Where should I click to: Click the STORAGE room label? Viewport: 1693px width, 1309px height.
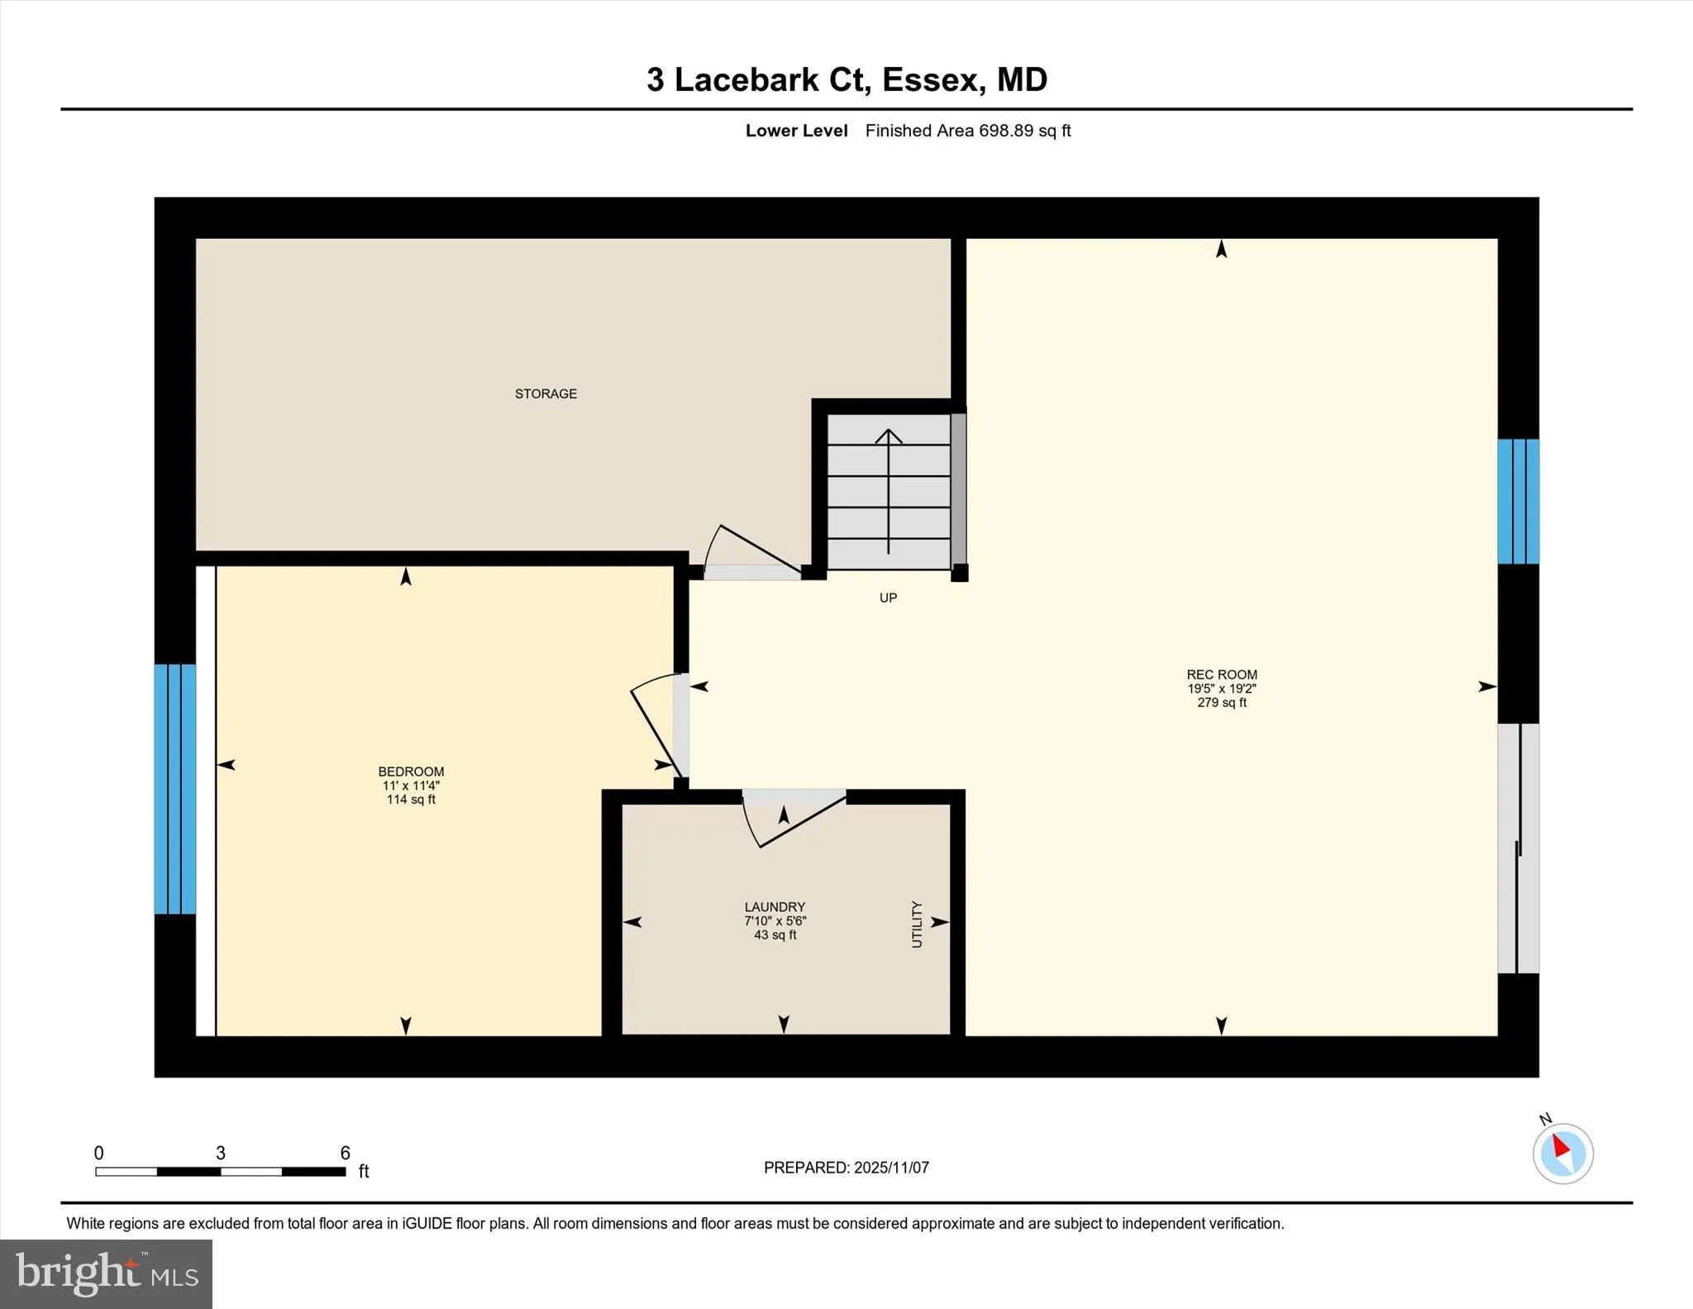pos(546,394)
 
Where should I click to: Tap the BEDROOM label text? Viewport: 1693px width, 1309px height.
pos(411,772)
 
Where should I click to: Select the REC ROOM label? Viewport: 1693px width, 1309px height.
pos(1222,675)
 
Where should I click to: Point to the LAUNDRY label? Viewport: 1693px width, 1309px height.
pos(775,907)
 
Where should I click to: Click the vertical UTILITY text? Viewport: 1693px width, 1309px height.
pos(916,924)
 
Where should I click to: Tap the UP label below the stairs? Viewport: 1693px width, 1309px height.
pos(888,598)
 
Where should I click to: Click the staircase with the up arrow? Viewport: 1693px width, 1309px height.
pos(889,492)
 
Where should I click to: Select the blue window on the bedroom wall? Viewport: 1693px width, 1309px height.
pos(175,789)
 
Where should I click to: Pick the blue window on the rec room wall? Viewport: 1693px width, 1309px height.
pos(1519,501)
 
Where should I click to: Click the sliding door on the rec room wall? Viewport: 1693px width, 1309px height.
pos(1519,849)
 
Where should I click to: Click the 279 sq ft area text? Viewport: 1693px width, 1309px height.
pos(1222,703)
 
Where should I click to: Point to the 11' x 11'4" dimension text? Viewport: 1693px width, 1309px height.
pos(411,786)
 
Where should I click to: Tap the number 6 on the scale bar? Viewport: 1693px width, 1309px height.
pos(346,1153)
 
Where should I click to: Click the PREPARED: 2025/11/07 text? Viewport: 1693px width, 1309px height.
pos(846,1168)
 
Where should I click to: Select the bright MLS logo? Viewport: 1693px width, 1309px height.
pos(106,1273)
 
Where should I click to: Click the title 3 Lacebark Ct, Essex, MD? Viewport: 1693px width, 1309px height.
pos(846,79)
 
